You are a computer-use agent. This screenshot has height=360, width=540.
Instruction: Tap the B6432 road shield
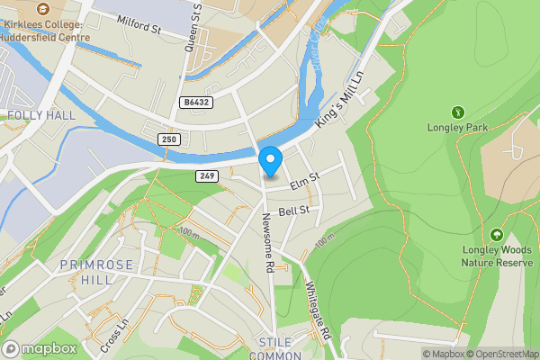tap(194, 103)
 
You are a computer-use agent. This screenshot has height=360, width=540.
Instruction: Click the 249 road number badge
tap(208, 175)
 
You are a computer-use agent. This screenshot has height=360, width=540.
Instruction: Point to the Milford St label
tap(138, 30)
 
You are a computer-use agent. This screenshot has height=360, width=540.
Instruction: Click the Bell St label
tap(294, 211)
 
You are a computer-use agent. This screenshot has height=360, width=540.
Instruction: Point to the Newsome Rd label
tap(267, 243)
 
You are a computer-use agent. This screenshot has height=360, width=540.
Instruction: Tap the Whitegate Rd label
tap(319, 310)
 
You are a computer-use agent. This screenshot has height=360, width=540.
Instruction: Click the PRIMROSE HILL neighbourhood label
tap(86, 272)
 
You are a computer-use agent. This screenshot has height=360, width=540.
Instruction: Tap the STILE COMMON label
tap(281, 348)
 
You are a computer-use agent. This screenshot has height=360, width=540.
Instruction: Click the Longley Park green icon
tap(457, 112)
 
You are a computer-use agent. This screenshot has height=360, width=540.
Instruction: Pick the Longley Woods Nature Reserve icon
tap(496, 234)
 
